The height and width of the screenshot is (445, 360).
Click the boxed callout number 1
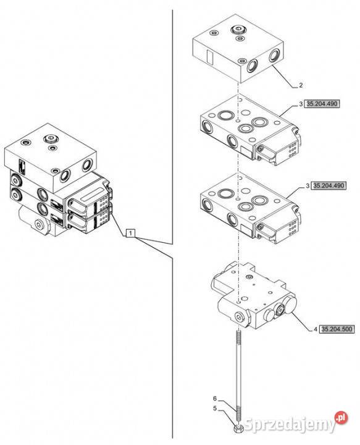tap(130, 233)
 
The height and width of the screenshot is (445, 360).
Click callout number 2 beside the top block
tap(301, 85)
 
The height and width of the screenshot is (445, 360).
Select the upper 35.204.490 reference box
tap(322, 104)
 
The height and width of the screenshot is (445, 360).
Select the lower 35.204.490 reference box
tap(329, 186)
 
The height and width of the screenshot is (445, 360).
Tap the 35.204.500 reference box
tap(337, 329)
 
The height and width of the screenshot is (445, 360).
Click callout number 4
tap(316, 329)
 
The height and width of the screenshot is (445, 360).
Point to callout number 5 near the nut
tap(215, 409)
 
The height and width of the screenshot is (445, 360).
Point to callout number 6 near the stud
tap(215, 399)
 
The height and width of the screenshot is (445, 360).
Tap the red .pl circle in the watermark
tap(341, 418)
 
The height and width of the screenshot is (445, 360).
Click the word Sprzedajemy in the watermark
tap(290, 424)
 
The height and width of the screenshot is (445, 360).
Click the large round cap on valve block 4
tap(290, 305)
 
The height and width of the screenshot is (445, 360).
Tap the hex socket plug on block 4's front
tap(240, 316)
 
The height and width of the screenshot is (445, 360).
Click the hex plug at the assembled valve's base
tap(38, 226)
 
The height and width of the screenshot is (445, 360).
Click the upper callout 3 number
tap(301, 104)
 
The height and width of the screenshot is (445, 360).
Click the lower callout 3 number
tap(308, 186)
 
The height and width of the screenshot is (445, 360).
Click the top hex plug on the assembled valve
tap(51, 139)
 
